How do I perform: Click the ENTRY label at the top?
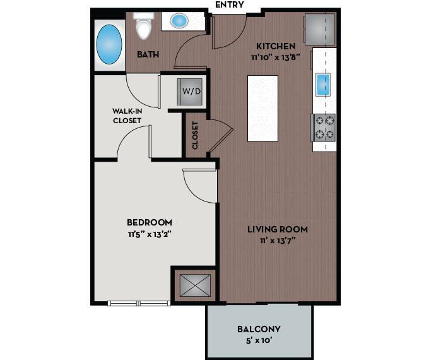230,5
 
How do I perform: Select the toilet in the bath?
145,26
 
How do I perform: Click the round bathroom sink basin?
180,21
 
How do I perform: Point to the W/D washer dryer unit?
191,92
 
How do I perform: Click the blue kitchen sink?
323,84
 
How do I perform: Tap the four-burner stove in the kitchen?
324,126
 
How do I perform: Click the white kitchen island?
263,108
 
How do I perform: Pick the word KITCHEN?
275,46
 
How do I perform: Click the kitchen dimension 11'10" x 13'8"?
275,56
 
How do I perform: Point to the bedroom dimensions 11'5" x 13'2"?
149,233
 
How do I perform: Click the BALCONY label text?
259,329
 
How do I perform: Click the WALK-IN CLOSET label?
127,115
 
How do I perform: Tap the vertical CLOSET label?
195,135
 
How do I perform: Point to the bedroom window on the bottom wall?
139,303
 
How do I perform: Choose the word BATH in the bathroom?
148,54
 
